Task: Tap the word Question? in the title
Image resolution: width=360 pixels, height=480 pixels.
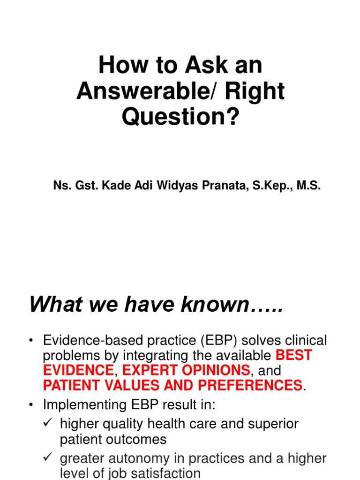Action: pyautogui.click(x=180, y=117)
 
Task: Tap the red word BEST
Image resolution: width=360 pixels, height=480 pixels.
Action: pyautogui.click(x=294, y=355)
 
